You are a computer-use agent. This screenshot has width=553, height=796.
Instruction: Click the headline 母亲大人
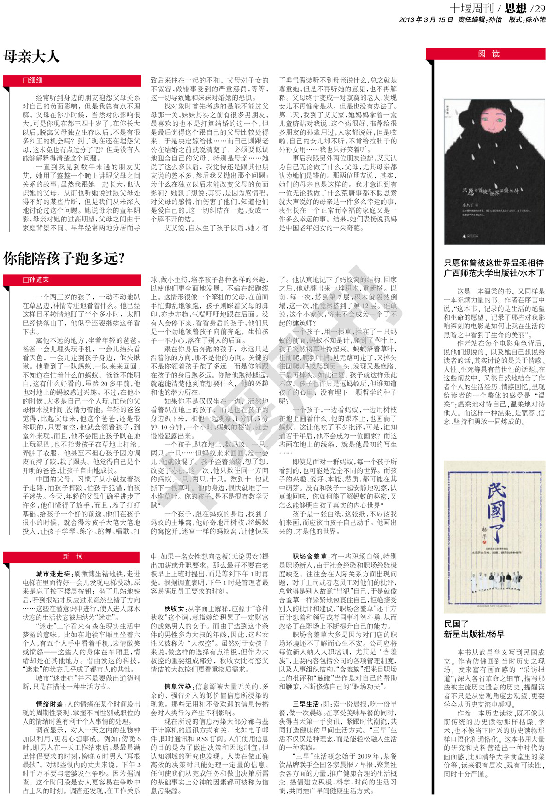pos(32,56)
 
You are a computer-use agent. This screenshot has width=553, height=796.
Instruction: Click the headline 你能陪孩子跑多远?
pos(64,258)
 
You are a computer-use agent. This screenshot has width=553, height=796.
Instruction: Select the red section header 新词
pos(73,557)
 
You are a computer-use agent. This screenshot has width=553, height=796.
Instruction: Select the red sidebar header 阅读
pos(489,53)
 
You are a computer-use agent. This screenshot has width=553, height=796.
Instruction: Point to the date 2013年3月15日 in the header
pos(426,19)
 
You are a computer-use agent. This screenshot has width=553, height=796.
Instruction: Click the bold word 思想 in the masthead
pos(515,8)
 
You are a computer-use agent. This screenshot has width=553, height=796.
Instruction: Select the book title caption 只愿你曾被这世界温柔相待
pos(494,262)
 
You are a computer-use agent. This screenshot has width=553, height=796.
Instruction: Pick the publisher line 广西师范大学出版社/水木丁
pos(494,273)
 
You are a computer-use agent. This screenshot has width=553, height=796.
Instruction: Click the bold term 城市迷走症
pos(53,574)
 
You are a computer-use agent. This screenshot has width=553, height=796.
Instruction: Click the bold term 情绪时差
pos(50,704)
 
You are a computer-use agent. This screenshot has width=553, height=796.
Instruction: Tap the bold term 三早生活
pos(306,704)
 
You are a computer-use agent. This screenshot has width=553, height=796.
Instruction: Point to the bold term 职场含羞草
pos(310,557)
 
